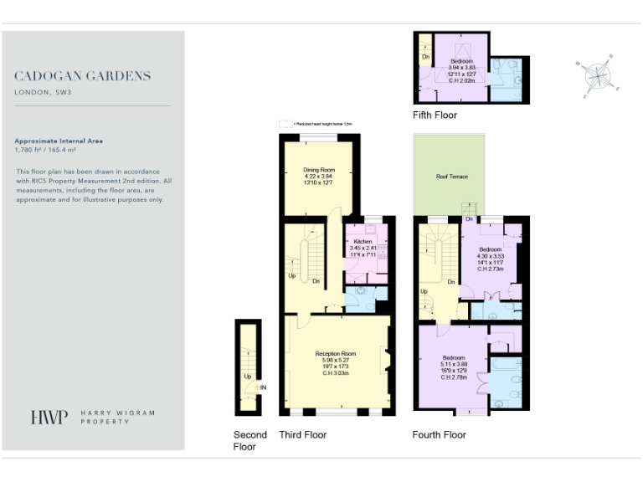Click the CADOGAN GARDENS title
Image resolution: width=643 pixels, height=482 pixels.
point(83,76)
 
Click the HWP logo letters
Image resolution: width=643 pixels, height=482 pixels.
point(49,418)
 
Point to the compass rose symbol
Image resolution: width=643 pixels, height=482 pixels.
point(598,75)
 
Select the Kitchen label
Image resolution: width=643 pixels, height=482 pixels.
point(362,241)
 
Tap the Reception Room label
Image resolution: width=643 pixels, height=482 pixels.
point(336,354)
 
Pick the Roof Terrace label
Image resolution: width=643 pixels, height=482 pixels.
point(451,177)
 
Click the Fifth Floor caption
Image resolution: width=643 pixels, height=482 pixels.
point(435,115)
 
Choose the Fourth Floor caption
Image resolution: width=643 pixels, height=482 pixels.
point(439,434)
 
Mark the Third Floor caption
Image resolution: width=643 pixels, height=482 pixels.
point(302,434)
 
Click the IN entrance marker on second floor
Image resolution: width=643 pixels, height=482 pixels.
point(263,387)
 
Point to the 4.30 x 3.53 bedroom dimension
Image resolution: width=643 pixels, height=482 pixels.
point(490,256)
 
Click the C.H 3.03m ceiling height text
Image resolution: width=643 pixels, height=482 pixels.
point(336,372)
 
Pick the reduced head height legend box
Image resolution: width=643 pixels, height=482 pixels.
point(286,123)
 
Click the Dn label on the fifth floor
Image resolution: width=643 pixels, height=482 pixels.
point(425,58)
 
